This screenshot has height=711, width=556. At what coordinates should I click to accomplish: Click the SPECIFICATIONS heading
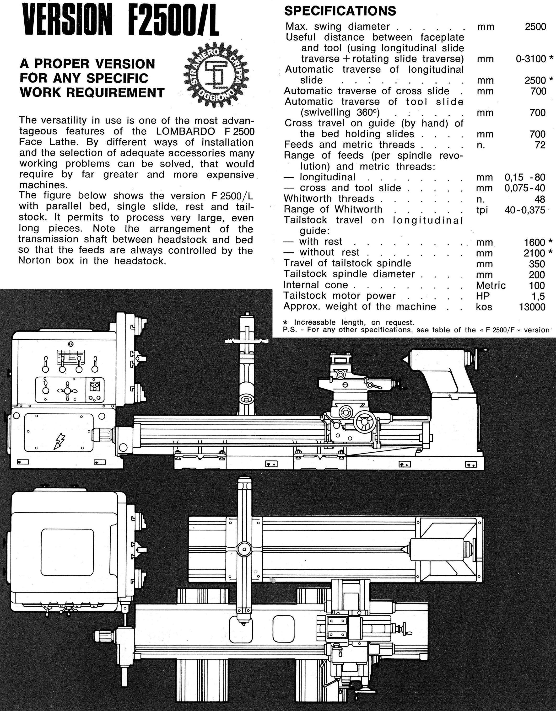(x=340, y=11)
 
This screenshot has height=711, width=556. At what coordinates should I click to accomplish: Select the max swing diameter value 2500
(x=535, y=27)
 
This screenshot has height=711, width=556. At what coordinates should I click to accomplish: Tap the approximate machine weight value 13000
(x=532, y=307)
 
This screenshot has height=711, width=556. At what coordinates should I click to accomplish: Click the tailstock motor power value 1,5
(x=537, y=296)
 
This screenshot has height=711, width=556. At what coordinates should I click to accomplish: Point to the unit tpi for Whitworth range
(x=482, y=210)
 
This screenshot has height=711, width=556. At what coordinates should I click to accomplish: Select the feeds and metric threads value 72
(x=540, y=145)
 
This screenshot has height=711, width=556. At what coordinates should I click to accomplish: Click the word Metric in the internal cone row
(x=491, y=285)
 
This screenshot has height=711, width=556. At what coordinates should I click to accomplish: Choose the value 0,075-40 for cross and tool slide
(x=525, y=188)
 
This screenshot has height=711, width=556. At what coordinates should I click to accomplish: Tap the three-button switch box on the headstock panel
(x=94, y=386)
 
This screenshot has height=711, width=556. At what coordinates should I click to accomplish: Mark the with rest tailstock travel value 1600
(x=534, y=242)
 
